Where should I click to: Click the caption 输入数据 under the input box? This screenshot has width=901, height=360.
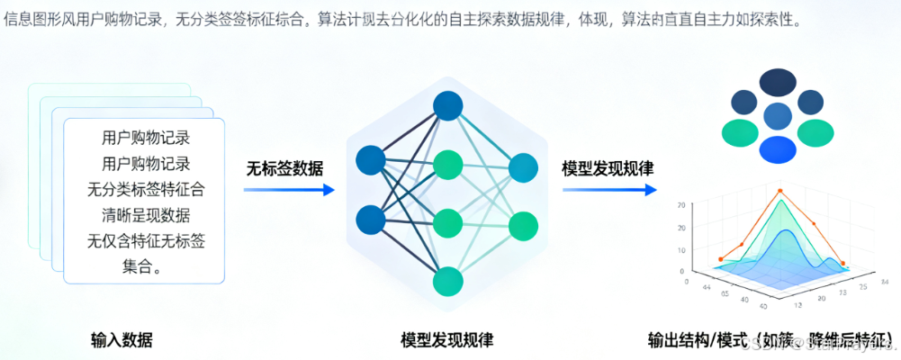click(122, 340)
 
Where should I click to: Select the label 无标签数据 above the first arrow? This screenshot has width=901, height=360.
click(286, 168)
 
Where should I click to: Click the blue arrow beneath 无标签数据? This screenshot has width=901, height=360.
click(288, 190)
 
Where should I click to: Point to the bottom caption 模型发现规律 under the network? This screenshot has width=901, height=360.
click(446, 340)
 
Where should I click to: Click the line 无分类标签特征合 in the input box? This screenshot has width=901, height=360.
click(146, 190)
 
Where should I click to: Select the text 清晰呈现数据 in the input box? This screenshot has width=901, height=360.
click(146, 215)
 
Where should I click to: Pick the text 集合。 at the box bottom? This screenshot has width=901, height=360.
click(146, 266)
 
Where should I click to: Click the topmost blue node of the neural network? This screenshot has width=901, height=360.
click(447, 106)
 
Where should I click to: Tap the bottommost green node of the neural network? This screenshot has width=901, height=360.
click(447, 282)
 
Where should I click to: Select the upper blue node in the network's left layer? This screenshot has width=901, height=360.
click(370, 160)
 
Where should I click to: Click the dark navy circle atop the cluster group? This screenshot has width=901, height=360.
click(778, 82)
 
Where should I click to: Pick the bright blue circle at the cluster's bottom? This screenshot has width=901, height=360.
click(778, 148)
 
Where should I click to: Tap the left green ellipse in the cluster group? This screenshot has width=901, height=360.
click(740, 131)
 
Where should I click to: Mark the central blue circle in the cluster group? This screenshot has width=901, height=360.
click(777, 115)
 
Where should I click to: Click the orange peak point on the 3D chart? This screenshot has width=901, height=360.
click(779, 191)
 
